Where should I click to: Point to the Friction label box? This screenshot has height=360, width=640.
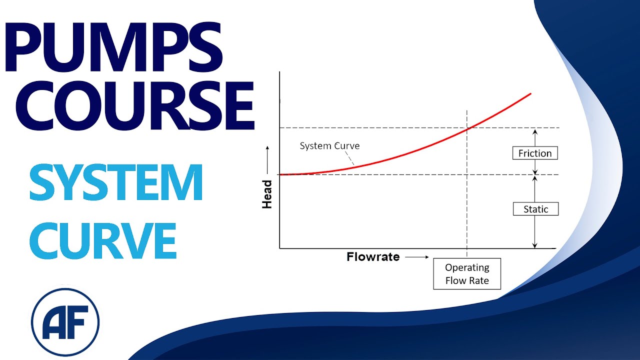(x=535, y=153)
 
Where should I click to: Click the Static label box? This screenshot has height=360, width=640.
(x=535, y=209)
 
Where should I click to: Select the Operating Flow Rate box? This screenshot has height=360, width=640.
(x=467, y=274)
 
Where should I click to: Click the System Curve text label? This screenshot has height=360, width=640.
(x=329, y=146)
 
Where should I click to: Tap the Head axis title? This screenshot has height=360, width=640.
(x=267, y=194)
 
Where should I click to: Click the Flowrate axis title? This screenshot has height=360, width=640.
(x=373, y=257)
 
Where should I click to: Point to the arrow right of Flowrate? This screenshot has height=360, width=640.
(x=417, y=257)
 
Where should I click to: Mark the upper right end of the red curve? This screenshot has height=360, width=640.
(x=530, y=93)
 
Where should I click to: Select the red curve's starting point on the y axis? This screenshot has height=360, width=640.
(x=280, y=174)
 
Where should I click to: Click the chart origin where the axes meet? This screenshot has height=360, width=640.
(x=280, y=248)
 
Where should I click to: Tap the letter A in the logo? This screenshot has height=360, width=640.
(x=54, y=320)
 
